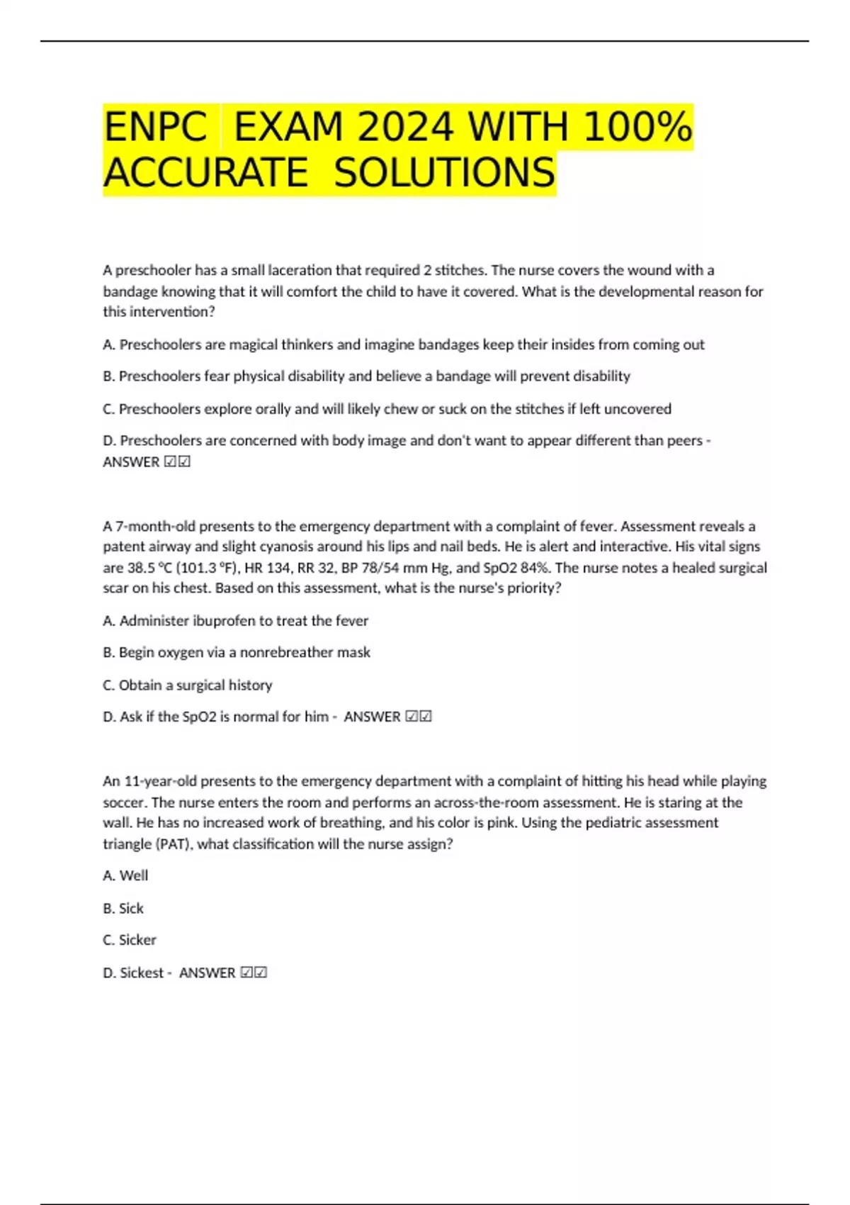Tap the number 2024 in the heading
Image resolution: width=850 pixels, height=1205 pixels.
pos(405,128)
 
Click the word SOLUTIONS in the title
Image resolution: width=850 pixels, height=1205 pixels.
pos(444,173)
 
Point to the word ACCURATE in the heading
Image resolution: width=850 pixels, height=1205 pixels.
pos(205,173)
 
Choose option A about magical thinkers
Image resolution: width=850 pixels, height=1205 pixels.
pos(404,344)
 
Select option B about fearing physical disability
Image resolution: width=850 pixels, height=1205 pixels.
pos(366,376)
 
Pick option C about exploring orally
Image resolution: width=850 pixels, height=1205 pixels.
pos(387,409)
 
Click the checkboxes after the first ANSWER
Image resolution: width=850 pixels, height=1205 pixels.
pos(177,462)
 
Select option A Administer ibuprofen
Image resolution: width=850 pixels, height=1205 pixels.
pos(235,621)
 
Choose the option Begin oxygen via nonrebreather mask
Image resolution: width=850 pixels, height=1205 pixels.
pos(237,652)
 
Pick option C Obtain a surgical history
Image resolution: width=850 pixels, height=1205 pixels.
pos(187,685)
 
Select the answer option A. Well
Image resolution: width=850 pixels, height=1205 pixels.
pos(125,876)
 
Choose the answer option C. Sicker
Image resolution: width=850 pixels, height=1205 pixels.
pos(129,940)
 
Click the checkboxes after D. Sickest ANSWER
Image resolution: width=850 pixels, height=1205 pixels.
pos(254,973)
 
